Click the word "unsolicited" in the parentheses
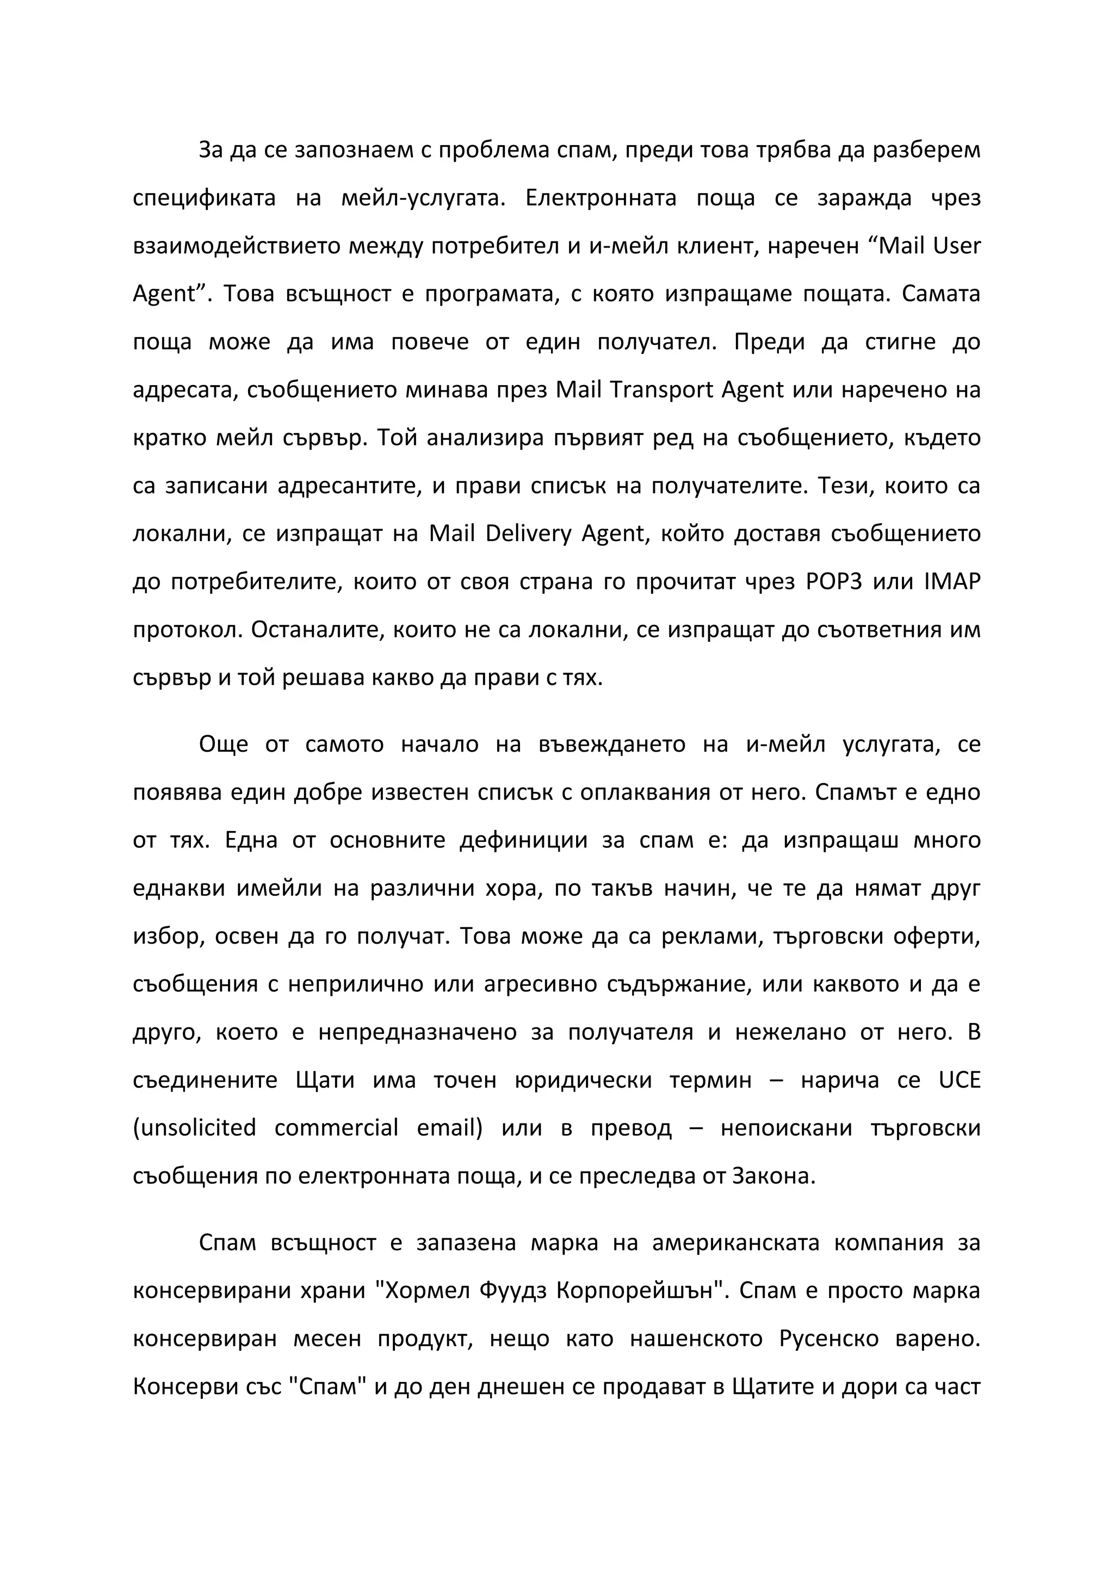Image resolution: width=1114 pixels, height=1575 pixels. click(x=194, y=1128)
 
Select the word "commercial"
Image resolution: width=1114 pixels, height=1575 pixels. click(x=336, y=1128)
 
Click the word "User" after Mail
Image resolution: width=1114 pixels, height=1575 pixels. click(x=956, y=246)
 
